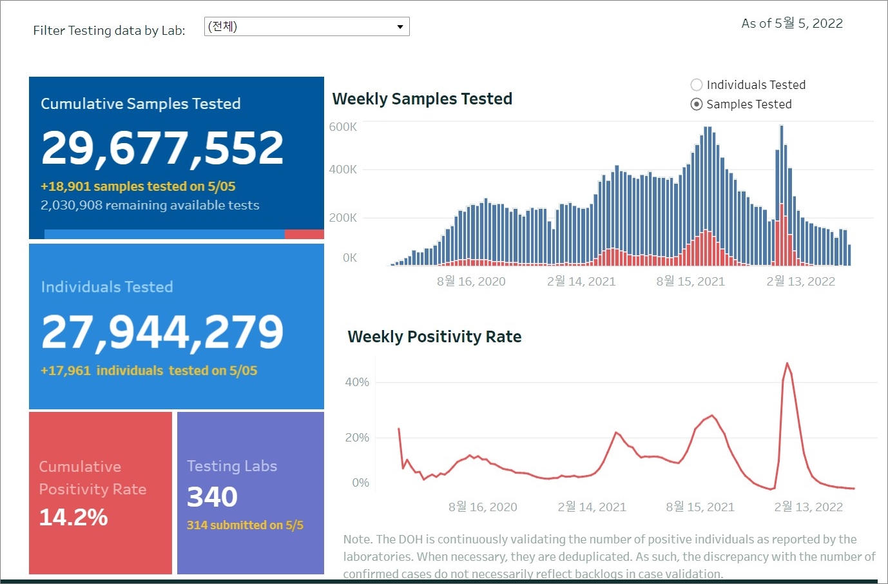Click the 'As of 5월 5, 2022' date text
point(792,23)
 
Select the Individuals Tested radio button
point(697,84)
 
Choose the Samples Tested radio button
point(697,104)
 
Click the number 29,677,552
point(162,148)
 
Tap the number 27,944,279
point(162,332)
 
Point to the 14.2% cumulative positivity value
point(73,517)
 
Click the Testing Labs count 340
point(212,497)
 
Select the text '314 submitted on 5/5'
point(245,525)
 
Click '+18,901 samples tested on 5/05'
point(138,186)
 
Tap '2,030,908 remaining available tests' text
point(150,205)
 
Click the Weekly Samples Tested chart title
point(422,99)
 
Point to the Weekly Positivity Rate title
point(434,336)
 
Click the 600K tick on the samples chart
point(343,127)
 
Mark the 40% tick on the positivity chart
point(357,382)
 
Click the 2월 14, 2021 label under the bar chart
point(581,281)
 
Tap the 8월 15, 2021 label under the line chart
point(700,507)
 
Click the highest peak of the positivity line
point(787,364)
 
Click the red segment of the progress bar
point(304,235)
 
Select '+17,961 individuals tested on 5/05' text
point(149,371)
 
